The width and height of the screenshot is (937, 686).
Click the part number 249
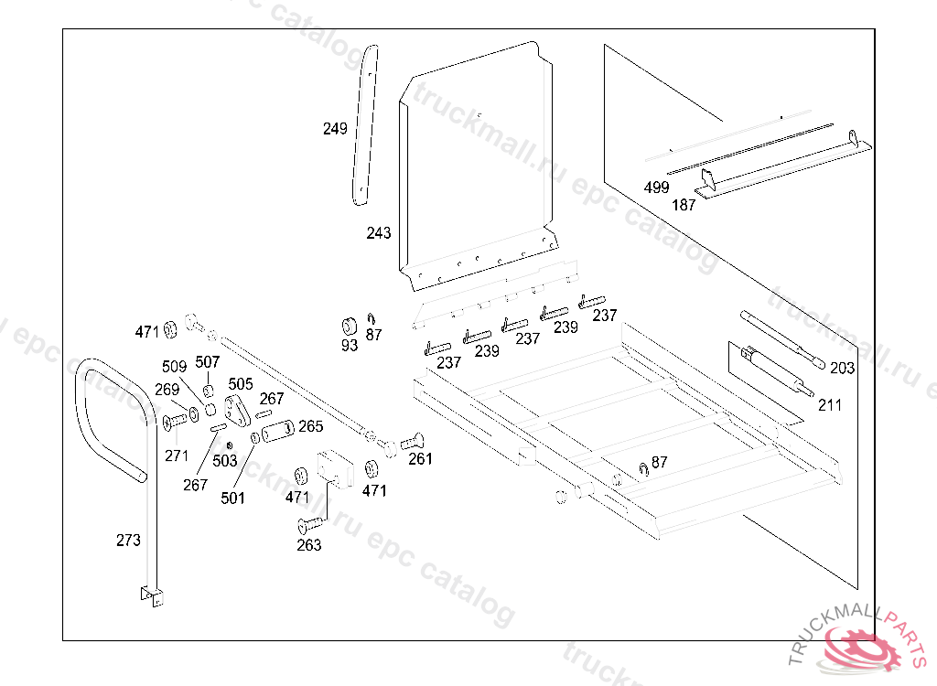pos(335,128)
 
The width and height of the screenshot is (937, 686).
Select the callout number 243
pos(378,232)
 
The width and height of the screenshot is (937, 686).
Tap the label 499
pos(656,187)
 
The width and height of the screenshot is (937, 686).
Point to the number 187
pos(684,205)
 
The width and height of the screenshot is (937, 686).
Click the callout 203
pos(842,368)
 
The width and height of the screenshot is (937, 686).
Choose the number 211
pos(829,405)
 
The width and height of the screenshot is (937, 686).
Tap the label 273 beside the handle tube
pos(128,541)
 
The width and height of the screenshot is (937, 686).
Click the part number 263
pos(309,545)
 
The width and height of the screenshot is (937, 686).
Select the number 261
pos(420,458)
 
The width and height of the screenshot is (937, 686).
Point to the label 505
pos(241,383)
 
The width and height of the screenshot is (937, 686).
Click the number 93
pos(350,346)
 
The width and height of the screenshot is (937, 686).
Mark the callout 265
pos(311,426)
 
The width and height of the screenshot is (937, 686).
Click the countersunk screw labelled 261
pos(413,442)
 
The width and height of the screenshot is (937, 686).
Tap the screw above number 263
pos(310,525)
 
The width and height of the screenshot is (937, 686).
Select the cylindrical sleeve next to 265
pos(278,430)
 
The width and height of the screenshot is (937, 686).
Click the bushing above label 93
pos(349,327)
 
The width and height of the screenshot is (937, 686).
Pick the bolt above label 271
pos(174,421)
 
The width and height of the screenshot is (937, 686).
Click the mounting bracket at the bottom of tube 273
pos(152,596)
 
